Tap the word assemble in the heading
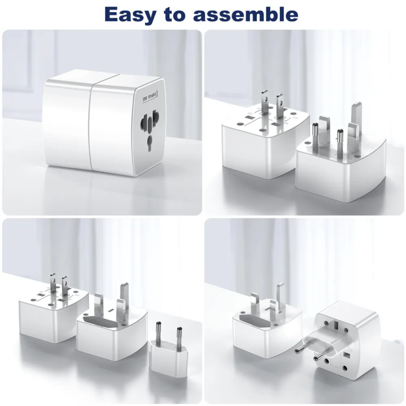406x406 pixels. (x=245, y=14)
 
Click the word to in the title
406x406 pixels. (x=177, y=15)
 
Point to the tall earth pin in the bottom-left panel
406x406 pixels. (x=125, y=297)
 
